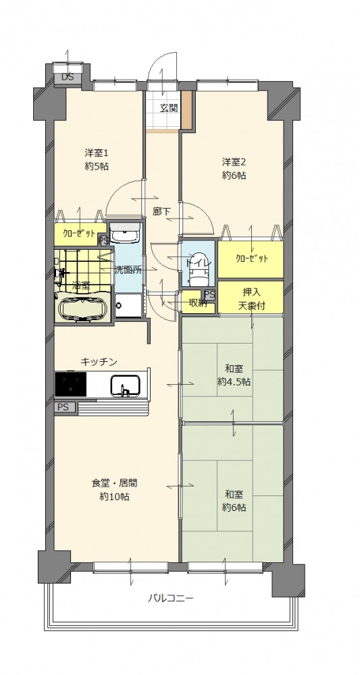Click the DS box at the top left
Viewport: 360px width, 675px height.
68,78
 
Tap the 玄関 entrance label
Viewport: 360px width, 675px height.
169,108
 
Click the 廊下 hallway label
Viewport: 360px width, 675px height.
161,211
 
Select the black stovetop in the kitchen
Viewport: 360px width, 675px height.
71,383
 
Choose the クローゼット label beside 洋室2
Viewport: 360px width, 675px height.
252,259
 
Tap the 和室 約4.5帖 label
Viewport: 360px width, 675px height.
234,375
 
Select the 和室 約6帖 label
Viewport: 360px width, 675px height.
234,501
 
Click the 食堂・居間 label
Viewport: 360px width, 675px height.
115,489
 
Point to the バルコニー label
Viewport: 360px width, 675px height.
170,598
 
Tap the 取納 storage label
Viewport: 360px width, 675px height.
198,303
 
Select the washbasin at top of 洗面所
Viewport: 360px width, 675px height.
125,234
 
